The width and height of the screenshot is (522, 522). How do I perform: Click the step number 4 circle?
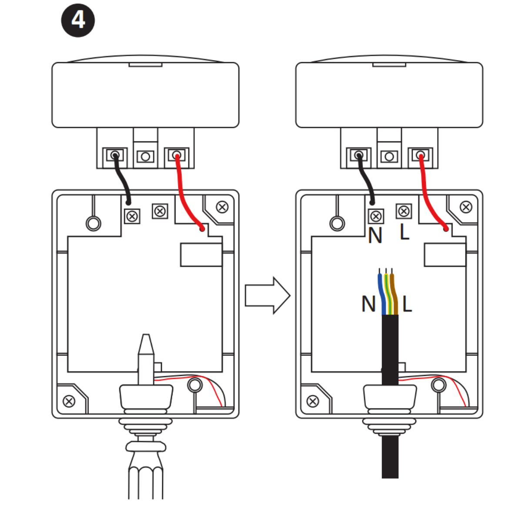click(78, 20)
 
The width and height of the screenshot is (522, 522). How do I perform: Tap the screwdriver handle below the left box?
click(146, 478)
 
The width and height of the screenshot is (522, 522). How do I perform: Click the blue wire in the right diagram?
click(381, 291)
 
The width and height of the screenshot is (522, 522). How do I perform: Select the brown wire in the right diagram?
click(394, 291)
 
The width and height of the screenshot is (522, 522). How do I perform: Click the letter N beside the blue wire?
click(368, 304)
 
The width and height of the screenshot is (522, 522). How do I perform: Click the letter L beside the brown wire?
click(407, 304)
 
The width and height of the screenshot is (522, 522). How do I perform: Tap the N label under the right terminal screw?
click(375, 236)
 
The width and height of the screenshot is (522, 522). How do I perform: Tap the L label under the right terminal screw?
click(405, 232)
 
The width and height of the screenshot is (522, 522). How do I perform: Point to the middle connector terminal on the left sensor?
click(146, 156)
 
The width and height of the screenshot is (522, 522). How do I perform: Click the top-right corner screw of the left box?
click(222, 207)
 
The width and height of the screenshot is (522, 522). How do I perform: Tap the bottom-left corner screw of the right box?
click(313, 401)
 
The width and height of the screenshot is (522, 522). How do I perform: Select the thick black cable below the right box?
click(390, 457)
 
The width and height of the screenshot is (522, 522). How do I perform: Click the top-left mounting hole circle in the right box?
click(337, 224)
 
